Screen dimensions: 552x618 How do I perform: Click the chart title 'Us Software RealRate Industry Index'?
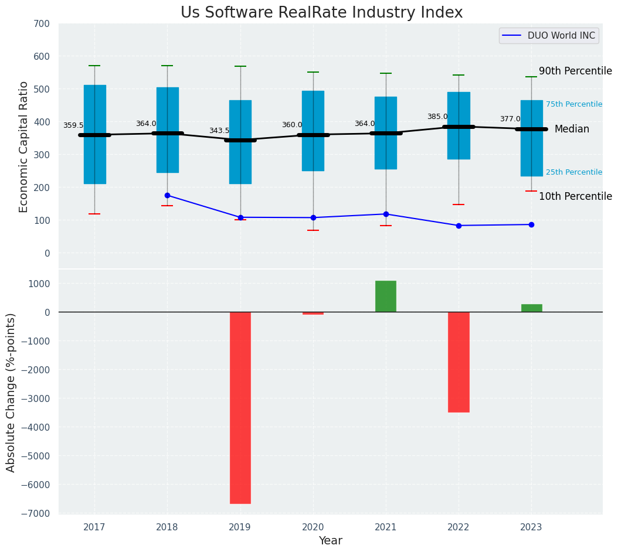(x=321, y=13)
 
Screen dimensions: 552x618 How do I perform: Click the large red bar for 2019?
(x=240, y=407)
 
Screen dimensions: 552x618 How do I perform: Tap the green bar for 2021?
(x=386, y=297)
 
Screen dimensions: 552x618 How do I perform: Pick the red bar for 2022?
(x=459, y=362)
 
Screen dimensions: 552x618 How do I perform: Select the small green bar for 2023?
(x=531, y=308)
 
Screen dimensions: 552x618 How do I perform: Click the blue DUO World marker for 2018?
(x=167, y=195)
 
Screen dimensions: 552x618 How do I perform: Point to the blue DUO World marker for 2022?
(x=459, y=226)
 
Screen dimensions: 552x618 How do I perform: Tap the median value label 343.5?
(x=219, y=131)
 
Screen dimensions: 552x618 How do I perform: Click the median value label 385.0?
(x=437, y=117)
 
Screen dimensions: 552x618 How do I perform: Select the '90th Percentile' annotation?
(x=575, y=71)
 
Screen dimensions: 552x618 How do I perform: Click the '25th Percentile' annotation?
(x=573, y=172)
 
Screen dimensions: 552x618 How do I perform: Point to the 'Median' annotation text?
(x=572, y=130)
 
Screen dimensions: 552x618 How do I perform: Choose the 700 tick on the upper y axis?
(x=46, y=24)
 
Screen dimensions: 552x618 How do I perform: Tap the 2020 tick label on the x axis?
(x=313, y=527)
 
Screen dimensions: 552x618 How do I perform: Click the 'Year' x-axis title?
(x=330, y=541)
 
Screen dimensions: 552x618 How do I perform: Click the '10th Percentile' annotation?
(x=575, y=197)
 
